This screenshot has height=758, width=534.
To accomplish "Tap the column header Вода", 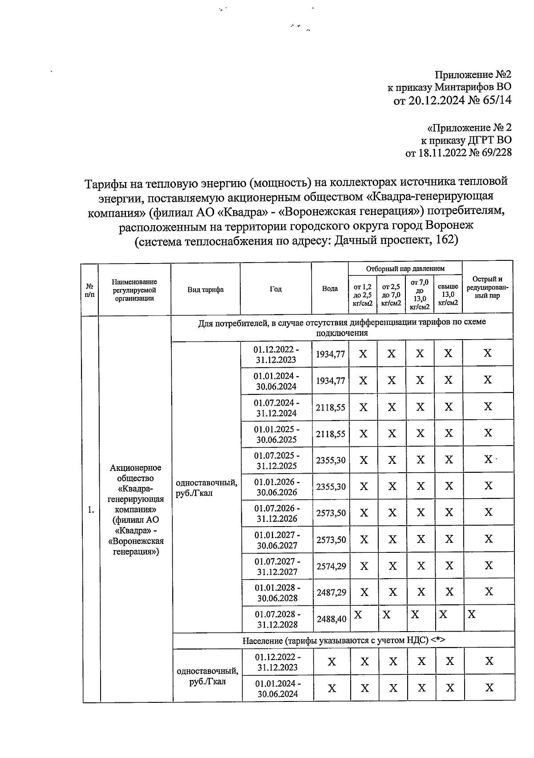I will pos(330,289).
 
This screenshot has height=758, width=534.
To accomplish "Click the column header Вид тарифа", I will pos(205,290).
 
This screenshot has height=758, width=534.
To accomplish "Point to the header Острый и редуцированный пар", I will pos(487,288).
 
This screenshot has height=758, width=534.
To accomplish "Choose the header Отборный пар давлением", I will pos(405,268).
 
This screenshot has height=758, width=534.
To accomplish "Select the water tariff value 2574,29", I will pos(331,566).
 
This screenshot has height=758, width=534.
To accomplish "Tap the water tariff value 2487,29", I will pos(331,592).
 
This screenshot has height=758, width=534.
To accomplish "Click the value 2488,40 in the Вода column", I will pos(331,619).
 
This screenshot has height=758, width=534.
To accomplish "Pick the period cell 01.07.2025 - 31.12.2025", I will pos(276,461).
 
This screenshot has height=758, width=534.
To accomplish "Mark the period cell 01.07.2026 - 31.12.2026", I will pos(277,513).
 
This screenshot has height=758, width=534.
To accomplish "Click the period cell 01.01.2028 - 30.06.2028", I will pos(277,592).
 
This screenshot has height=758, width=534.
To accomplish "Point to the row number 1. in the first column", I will pos(91,510).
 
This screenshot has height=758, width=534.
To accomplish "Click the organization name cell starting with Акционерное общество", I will pos(135,510).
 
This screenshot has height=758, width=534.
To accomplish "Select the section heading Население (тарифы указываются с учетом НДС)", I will pos(344,640).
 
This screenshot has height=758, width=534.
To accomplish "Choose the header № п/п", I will pos(89,290).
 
